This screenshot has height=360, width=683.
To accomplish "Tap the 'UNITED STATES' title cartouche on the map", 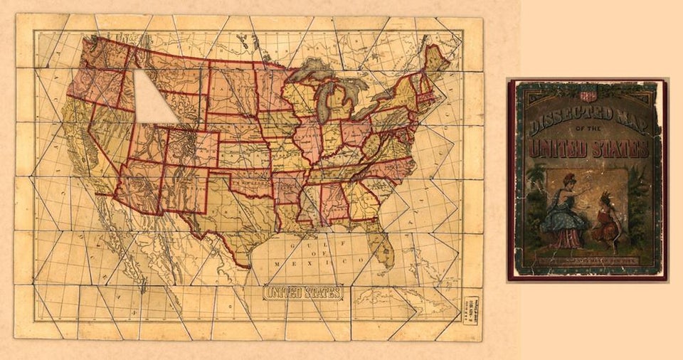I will pyautogui.click(x=304, y=292).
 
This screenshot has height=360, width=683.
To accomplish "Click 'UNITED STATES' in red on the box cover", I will pyautogui.click(x=588, y=148).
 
